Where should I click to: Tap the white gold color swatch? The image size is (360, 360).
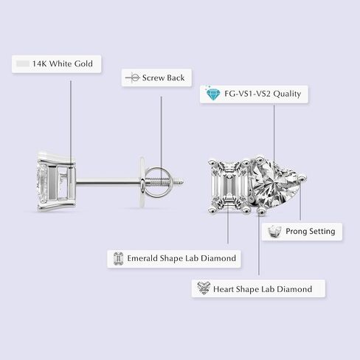click(23, 64)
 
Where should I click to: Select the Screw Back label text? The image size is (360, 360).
click(163, 77)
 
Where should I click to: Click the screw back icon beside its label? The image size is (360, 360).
click(133, 77)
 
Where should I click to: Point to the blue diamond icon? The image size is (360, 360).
click(212, 93)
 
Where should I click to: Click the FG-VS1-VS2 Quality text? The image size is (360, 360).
click(263, 94)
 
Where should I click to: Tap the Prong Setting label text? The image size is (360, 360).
click(311, 232)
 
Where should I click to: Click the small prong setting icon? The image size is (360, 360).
click(274, 232)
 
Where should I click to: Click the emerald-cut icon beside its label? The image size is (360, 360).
click(118, 259)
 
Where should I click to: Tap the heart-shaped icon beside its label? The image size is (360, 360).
click(204, 288)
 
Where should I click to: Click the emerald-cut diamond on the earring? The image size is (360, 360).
click(229, 186)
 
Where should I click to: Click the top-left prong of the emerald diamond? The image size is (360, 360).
click(212, 163)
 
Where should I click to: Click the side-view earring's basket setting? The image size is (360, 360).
click(56, 182)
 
